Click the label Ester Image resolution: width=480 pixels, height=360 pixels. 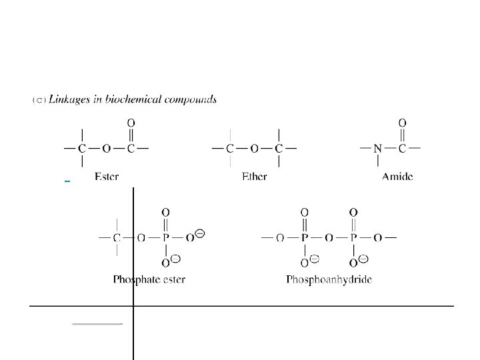click(107, 177)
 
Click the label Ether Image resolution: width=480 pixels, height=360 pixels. click(254, 177)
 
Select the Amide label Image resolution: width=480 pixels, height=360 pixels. click(397, 177)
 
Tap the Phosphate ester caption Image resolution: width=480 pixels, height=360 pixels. click(149, 279)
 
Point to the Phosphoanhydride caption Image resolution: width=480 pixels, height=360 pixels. click(329, 279)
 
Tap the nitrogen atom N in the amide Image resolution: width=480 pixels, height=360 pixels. click(377, 147)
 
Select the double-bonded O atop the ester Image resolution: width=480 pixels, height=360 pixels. click(131, 123)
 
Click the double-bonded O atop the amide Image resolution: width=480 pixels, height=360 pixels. click(402, 123)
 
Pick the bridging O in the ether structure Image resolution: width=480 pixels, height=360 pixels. click(254, 147)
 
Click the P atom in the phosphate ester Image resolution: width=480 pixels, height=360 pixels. click(165, 237)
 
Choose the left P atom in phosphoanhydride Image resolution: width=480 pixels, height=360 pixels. click(304, 237)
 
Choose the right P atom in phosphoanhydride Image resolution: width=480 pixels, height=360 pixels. click(353, 237)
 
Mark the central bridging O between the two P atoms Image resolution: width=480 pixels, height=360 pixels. click(329, 237)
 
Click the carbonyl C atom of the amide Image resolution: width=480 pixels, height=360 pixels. click(402, 147)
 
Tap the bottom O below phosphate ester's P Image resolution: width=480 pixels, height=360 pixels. click(165, 262)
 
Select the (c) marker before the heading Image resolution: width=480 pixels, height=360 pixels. click(39, 100)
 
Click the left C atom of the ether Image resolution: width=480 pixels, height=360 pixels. click(230, 147)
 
